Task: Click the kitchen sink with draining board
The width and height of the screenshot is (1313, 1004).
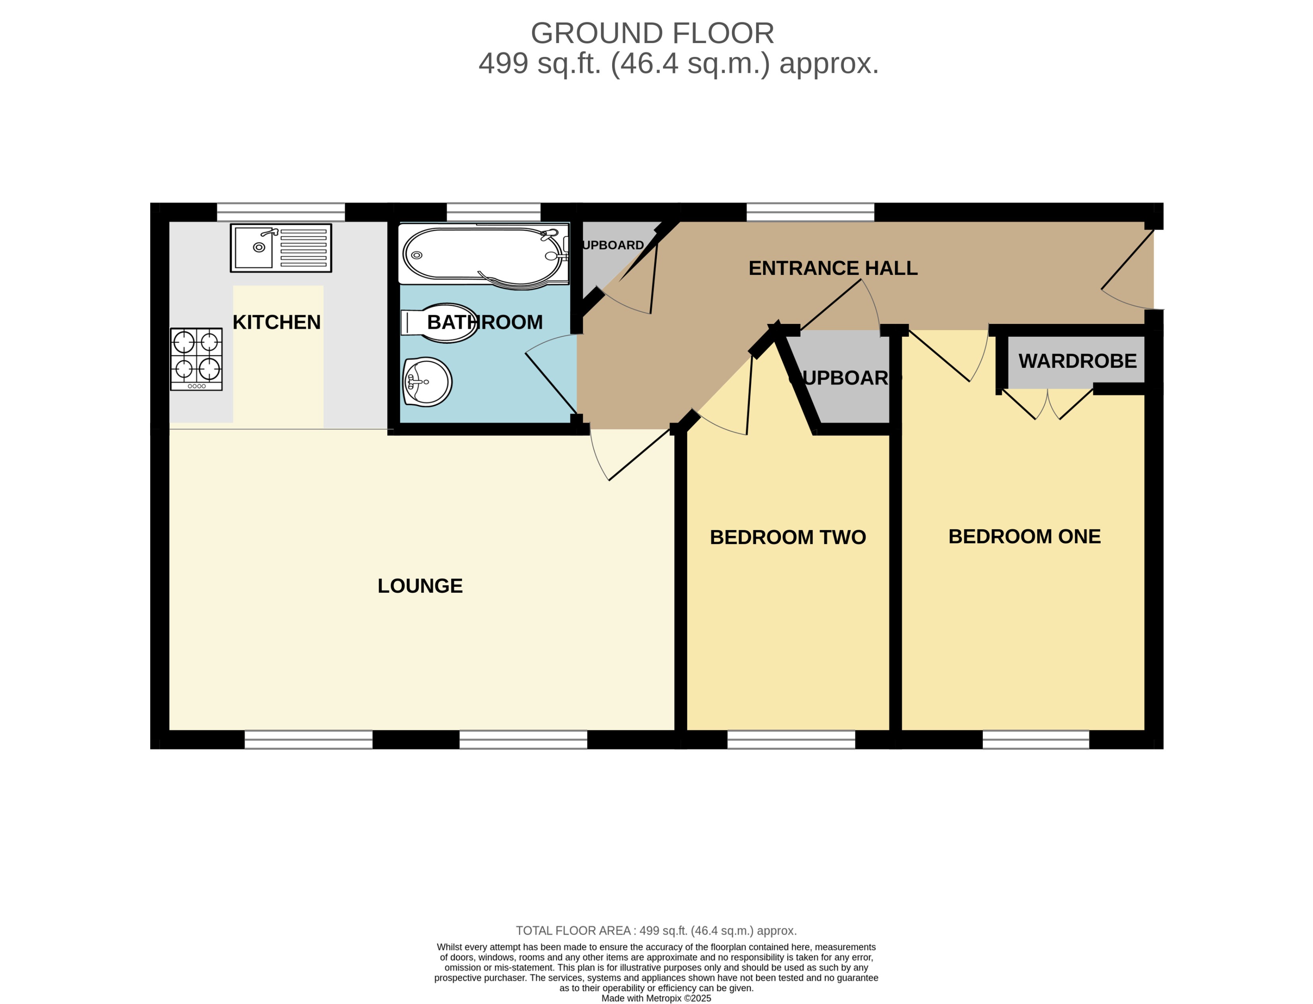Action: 281,248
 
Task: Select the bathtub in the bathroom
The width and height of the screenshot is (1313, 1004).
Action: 483,255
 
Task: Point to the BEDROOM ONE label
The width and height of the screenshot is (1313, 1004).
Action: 1024,537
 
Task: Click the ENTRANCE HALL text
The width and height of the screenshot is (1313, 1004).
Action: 833,269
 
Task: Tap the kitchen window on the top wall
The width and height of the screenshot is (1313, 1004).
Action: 281,212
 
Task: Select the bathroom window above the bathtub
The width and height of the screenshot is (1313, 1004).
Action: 493,212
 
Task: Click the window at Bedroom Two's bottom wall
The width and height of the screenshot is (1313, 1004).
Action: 791,740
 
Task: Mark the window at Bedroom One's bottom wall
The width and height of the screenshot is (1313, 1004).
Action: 1035,740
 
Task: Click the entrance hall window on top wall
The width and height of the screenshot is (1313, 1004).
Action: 810,212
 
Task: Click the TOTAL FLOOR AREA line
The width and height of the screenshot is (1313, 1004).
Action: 656,931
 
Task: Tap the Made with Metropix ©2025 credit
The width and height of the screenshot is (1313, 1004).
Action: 656,998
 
